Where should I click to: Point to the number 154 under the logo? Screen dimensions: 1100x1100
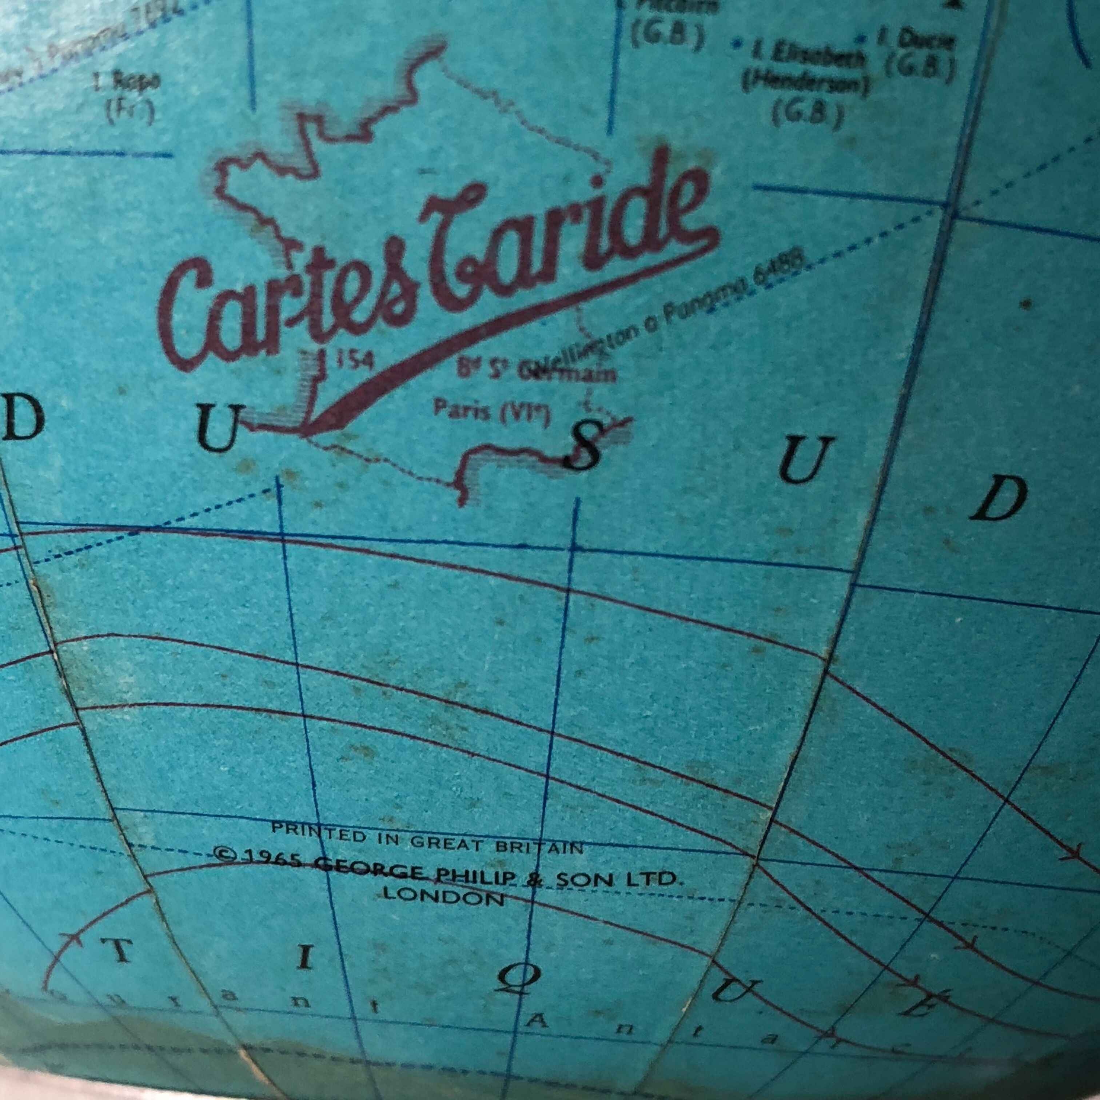tap(353, 360)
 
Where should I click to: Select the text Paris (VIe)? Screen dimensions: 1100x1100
tap(491, 411)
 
